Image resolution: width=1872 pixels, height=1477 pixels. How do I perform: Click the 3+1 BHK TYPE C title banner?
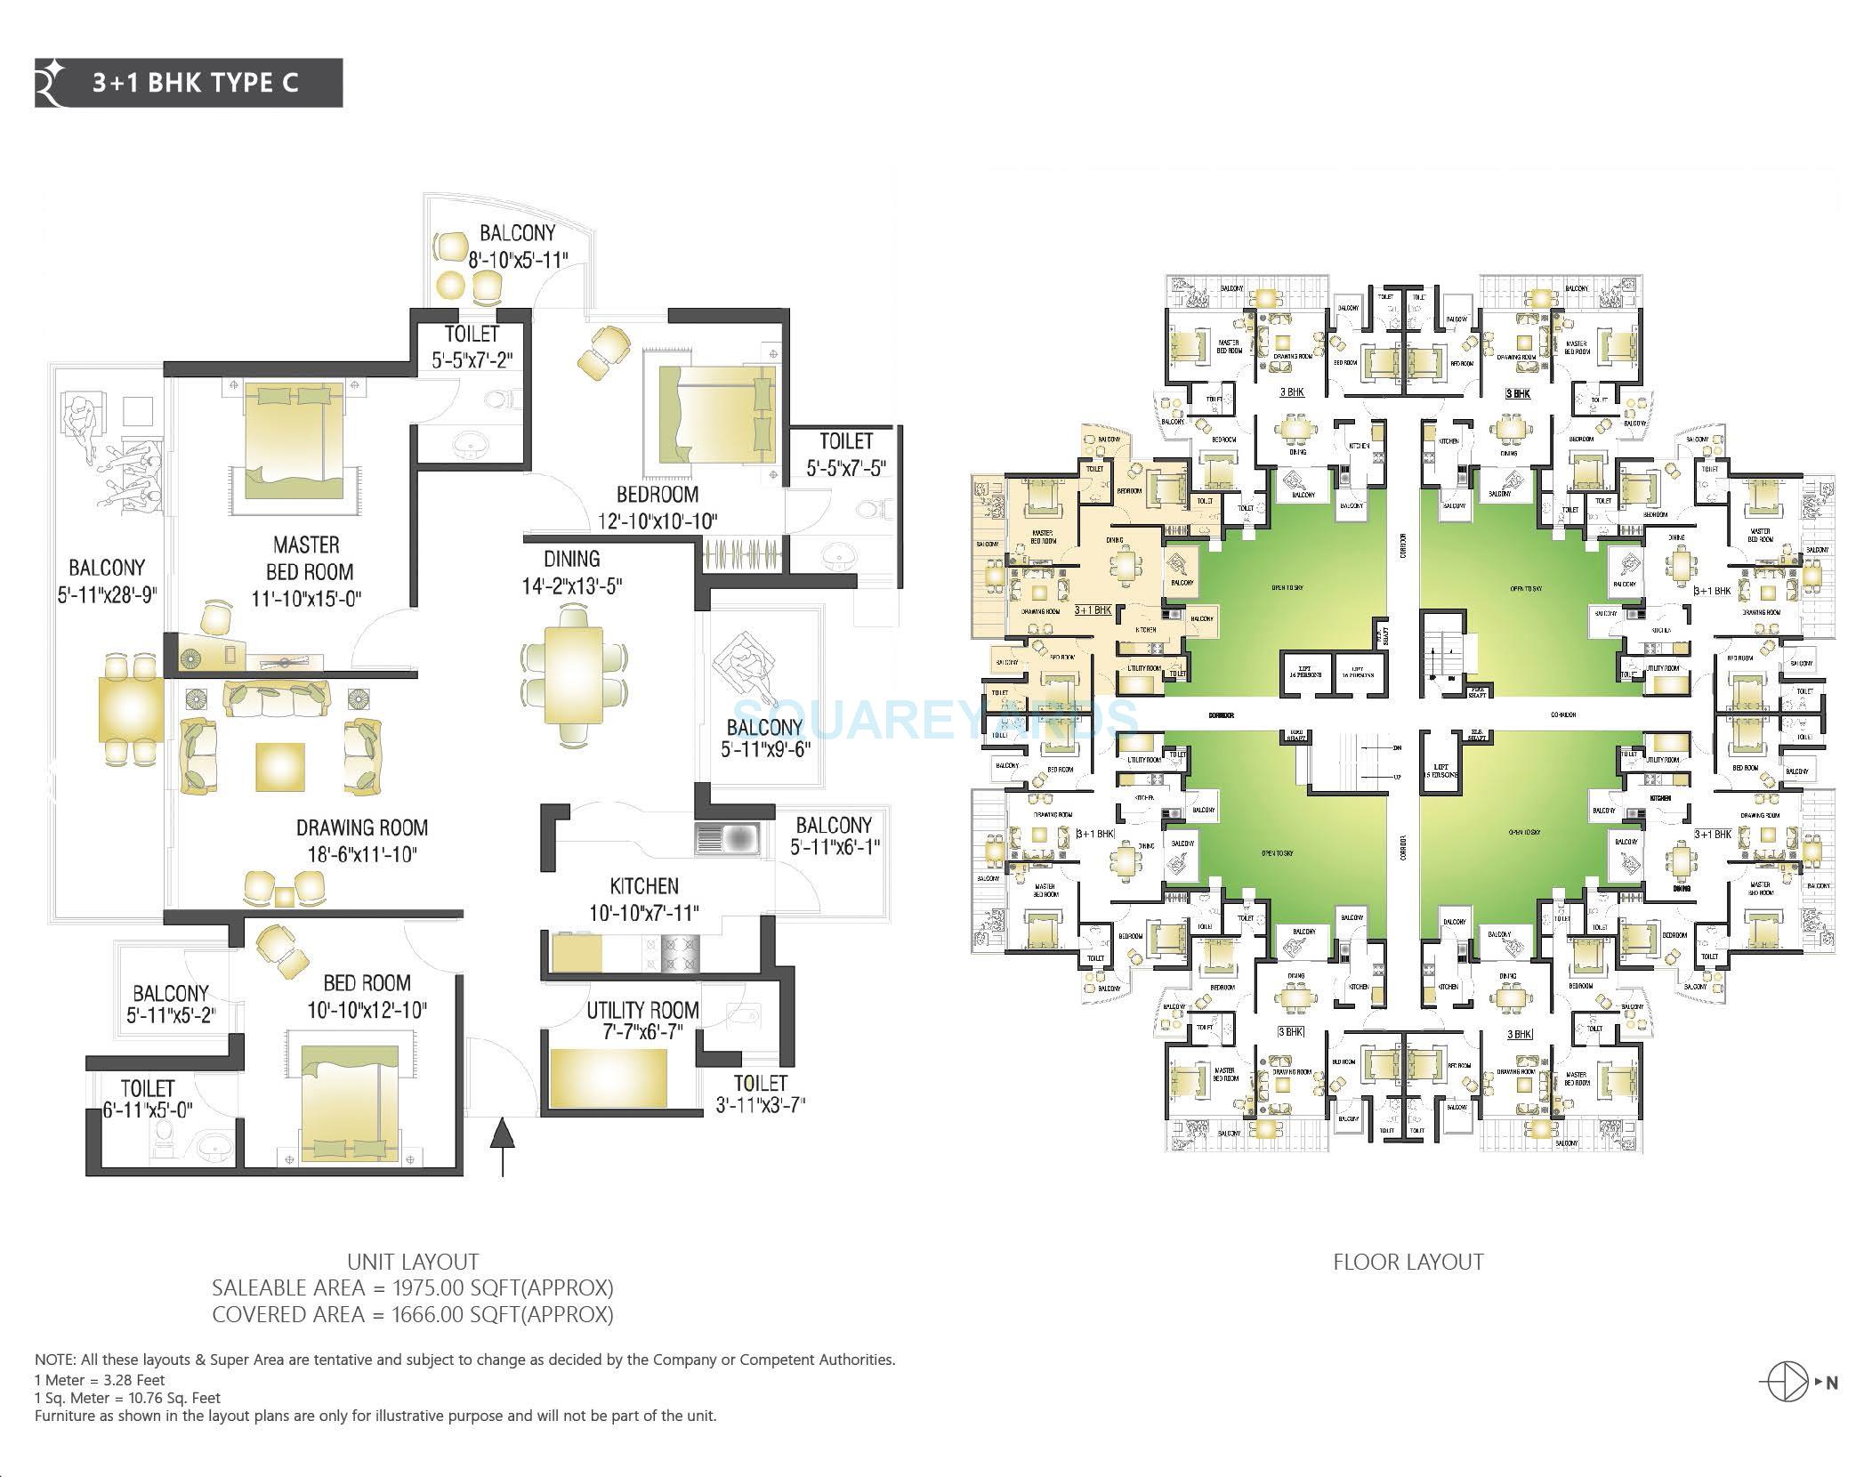189,83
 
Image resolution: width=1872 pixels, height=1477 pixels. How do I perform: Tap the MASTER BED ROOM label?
307,558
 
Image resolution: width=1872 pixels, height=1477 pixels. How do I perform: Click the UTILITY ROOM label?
642,1010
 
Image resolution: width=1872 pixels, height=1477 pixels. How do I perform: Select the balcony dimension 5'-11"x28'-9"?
108,594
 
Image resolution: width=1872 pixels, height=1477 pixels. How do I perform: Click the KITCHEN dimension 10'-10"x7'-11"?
644,913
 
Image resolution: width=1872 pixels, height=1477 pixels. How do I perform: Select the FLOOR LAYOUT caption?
1408,1262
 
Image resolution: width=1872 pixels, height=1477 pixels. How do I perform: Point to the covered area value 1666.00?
432,1314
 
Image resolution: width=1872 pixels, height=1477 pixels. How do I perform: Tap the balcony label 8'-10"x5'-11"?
518,258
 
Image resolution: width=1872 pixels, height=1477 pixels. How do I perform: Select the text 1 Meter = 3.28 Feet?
100,1380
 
